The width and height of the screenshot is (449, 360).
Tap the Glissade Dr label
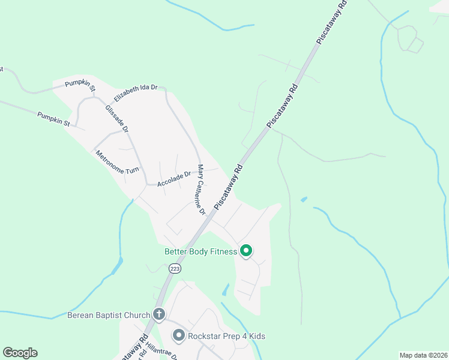click(x=116, y=118)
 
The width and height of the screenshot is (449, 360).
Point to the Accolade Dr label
click(x=173, y=179)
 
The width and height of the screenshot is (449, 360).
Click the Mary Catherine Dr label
click(x=201, y=190)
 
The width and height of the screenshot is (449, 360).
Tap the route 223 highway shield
click(x=175, y=269)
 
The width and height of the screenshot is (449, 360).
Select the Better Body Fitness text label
click(x=200, y=252)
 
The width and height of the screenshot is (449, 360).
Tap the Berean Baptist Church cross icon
click(x=159, y=314)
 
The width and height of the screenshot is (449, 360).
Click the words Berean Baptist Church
click(x=109, y=314)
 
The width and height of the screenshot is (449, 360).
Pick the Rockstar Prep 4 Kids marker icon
click(x=178, y=335)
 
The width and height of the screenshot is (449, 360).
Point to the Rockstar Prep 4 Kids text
click(x=226, y=336)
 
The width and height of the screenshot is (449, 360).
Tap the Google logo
click(x=20, y=353)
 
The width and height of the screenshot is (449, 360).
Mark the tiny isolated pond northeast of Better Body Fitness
click(x=304, y=199)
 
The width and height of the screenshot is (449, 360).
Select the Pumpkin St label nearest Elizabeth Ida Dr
click(x=80, y=85)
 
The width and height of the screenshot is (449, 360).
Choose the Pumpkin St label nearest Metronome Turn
click(x=53, y=119)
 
